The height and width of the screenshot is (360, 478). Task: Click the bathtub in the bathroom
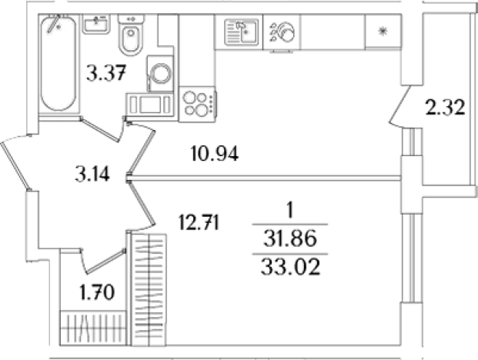pos(58,63)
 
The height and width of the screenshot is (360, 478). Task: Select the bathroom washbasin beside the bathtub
pos(96,24)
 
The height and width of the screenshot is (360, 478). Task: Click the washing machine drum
pos(160,74)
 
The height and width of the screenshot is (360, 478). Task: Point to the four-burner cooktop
pos(197,104)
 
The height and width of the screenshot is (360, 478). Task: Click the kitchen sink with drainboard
pos(241,32)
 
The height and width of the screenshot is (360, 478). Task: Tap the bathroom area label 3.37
pos(105,73)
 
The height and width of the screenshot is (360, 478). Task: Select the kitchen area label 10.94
pos(214,153)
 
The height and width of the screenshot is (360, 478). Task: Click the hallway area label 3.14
pos(92,175)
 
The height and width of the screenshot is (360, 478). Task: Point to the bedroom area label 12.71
pos(199,222)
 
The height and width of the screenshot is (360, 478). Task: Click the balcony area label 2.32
pos(446,107)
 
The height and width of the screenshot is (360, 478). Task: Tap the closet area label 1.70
pos(97,292)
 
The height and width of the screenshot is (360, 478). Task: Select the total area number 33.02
pos(290,267)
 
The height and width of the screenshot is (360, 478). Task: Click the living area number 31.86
pos(290,238)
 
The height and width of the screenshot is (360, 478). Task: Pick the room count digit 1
pos(290,210)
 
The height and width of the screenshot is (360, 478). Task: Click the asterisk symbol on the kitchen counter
pos(383,31)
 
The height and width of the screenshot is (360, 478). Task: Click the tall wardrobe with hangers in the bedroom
pos(149,290)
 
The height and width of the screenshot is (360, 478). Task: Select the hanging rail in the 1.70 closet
pos(93,328)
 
